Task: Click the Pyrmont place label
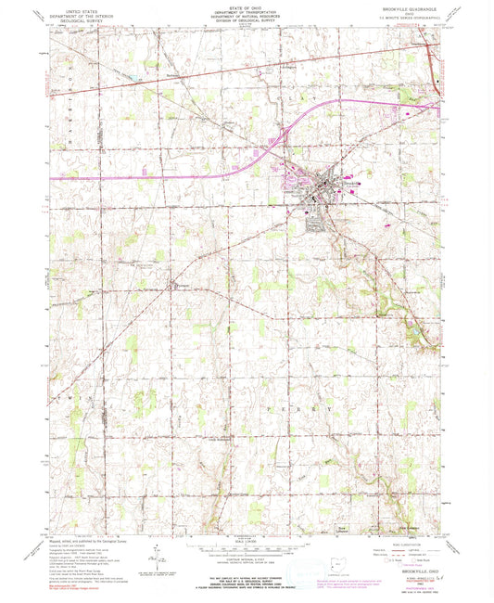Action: [182, 285]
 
